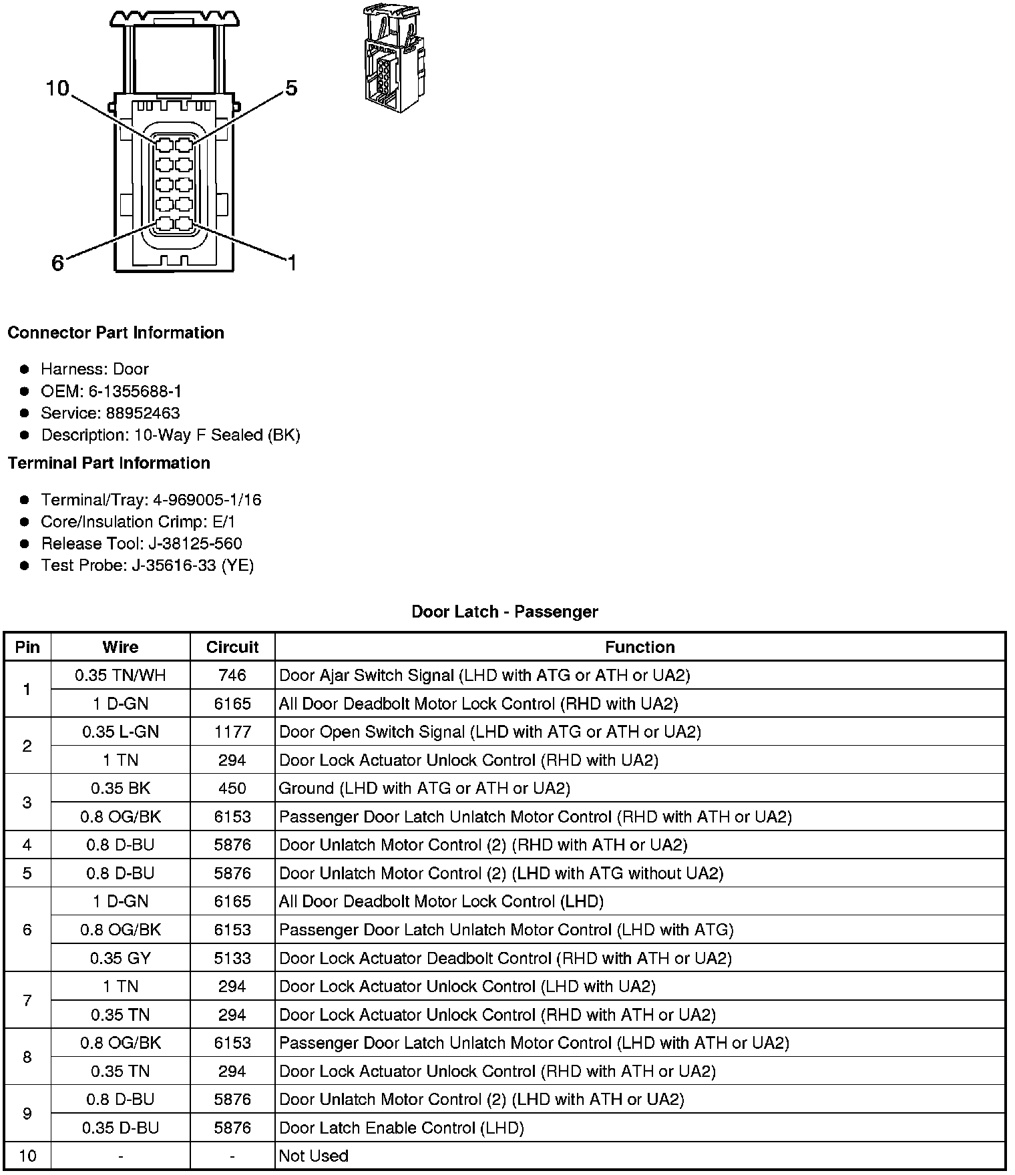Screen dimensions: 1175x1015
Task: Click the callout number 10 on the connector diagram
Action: [x=57, y=88]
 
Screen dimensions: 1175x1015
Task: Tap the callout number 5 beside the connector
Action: [x=291, y=88]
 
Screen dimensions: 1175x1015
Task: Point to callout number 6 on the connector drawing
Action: [x=58, y=264]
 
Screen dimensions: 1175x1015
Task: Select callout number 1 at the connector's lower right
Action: [x=291, y=264]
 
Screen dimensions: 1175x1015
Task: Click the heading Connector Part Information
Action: [x=116, y=332]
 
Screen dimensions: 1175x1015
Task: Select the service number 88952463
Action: [x=143, y=413]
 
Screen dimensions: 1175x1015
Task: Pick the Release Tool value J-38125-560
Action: [x=195, y=543]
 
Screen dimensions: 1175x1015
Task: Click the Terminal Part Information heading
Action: [x=109, y=463]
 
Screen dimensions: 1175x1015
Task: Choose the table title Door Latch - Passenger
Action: [x=505, y=612]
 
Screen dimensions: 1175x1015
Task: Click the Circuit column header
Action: [x=232, y=647]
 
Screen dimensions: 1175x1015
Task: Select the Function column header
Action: [x=640, y=647]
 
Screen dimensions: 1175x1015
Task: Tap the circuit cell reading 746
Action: [x=232, y=675]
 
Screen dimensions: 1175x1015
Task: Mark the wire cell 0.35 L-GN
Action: [x=120, y=732]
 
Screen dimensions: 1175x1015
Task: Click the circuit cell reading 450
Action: [x=232, y=788]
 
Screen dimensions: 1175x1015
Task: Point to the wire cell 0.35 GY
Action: [x=120, y=958]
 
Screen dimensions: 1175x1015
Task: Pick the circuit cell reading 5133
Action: [x=232, y=958]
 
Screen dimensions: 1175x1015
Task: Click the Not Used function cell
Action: [x=314, y=1156]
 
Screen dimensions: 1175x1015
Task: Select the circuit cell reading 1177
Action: [x=232, y=732]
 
